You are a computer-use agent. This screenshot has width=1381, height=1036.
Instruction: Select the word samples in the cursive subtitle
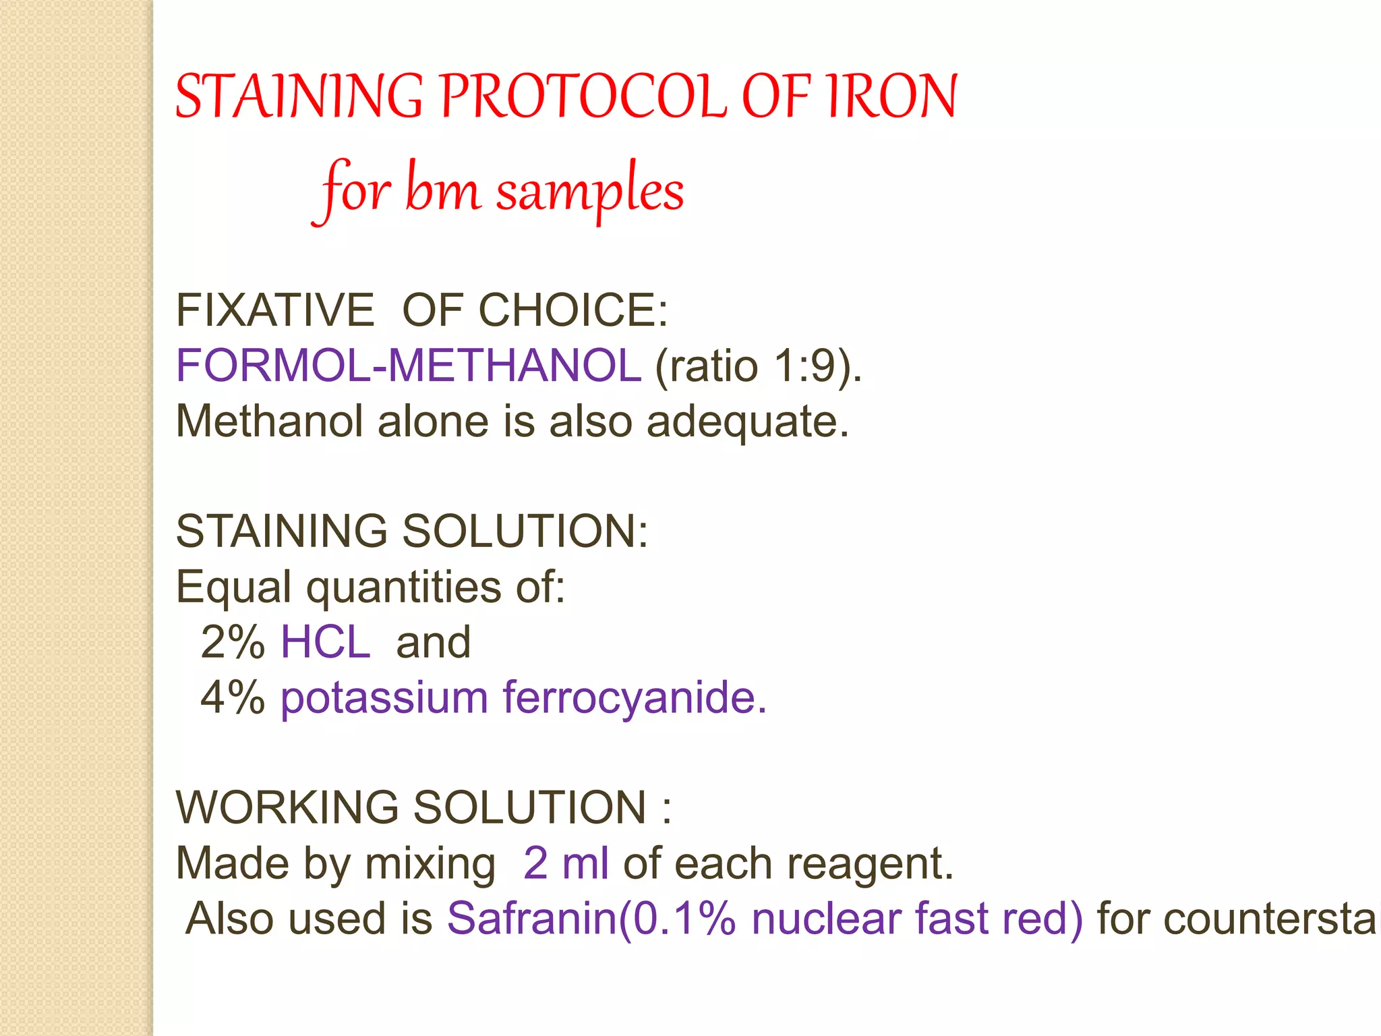(590, 192)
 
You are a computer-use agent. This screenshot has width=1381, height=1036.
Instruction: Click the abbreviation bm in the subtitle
(442, 189)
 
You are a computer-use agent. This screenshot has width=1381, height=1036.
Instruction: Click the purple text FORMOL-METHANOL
(409, 365)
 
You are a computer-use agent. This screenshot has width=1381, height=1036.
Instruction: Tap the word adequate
(747, 422)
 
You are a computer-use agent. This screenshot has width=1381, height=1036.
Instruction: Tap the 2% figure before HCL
(233, 641)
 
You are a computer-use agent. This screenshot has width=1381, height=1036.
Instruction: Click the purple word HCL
(325, 641)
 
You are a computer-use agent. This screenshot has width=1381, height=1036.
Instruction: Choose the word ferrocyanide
(634, 698)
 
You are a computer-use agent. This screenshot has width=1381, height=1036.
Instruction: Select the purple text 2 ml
(565, 863)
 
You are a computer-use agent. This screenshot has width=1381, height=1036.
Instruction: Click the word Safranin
(531, 919)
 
